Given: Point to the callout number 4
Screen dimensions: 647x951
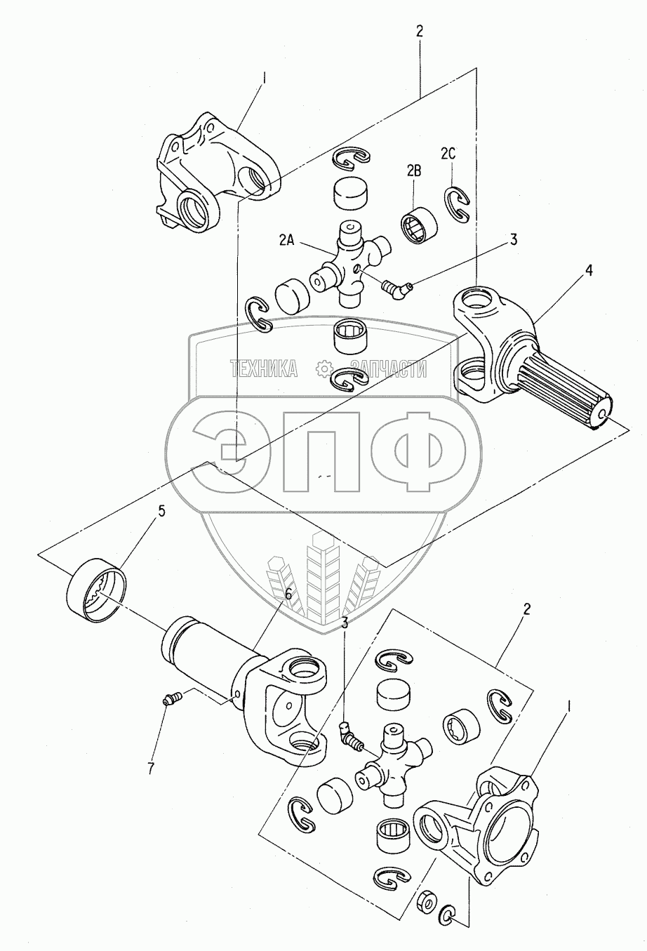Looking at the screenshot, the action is [589, 270].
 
